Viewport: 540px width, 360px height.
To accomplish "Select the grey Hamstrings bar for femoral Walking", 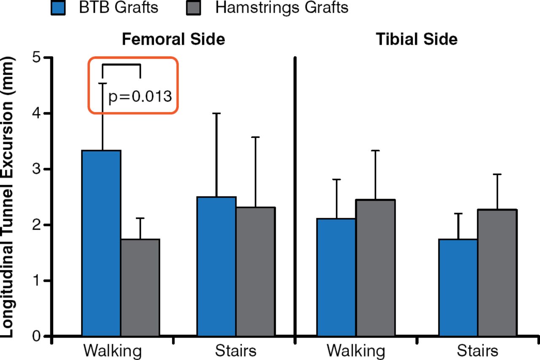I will pyautogui.click(x=140, y=287).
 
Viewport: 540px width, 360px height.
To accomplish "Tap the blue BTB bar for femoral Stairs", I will pyautogui.click(x=216, y=266).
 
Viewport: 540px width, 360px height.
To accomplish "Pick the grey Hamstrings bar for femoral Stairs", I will pyautogui.click(x=255, y=271).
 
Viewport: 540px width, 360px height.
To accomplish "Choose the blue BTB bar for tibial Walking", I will pyautogui.click(x=336, y=277).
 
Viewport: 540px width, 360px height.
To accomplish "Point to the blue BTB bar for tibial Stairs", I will pyautogui.click(x=458, y=287).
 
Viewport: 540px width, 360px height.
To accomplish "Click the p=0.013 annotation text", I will pyautogui.click(x=140, y=97).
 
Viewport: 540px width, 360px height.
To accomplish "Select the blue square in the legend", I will pyautogui.click(x=58, y=8).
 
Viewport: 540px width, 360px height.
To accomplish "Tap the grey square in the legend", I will pyautogui.click(x=194, y=8).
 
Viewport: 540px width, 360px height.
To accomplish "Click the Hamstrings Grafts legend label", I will pyautogui.click(x=282, y=8).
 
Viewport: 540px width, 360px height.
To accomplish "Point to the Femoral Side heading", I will pyautogui.click(x=173, y=39).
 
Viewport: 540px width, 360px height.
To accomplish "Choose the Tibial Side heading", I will pyautogui.click(x=417, y=39).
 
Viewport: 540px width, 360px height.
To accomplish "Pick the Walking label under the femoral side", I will pyautogui.click(x=113, y=351).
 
